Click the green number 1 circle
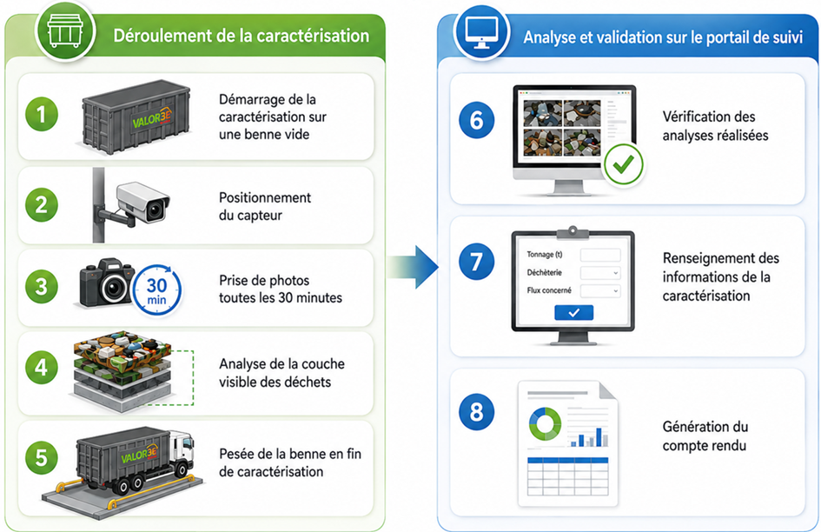(42, 114)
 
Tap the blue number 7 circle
(476, 262)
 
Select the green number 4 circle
(42, 368)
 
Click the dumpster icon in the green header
(65, 31)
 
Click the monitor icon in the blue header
(481, 32)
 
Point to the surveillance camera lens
(155, 210)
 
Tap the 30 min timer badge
(156, 291)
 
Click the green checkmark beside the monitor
(624, 164)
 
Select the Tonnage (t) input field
(600, 255)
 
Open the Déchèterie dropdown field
(600, 273)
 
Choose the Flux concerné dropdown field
(600, 291)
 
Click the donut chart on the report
(545, 423)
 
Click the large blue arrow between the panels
(414, 267)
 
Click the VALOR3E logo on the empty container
(152, 119)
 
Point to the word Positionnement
(265, 197)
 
